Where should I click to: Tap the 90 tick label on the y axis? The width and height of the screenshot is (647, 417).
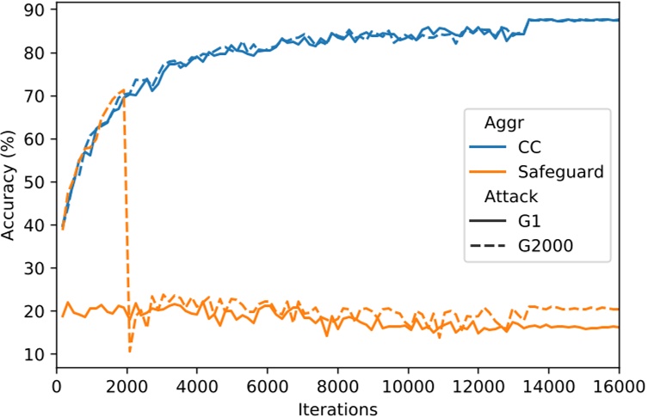(x=39, y=9)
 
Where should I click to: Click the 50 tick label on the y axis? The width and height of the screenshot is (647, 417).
(x=39, y=182)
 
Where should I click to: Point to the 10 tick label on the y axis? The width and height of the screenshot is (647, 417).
(x=39, y=354)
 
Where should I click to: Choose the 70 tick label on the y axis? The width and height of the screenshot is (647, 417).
(x=39, y=95)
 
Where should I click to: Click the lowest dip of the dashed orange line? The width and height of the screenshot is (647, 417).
(x=130, y=351)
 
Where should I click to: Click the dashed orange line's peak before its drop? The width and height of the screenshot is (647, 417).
(x=123, y=89)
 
